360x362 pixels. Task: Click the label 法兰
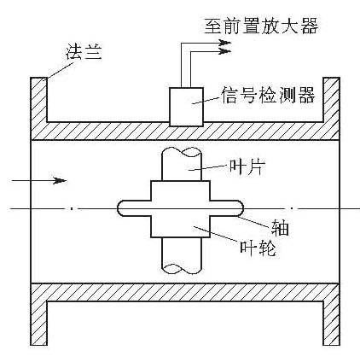tap(84, 52)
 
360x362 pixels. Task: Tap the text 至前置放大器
tap(261, 26)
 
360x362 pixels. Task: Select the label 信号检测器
tap(268, 95)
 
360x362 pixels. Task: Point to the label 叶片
tap(247, 166)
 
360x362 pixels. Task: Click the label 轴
tap(280, 228)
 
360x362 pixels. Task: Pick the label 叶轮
tap(258, 248)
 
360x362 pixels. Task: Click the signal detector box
tap(186, 107)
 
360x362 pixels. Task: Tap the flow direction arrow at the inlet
tap(38, 180)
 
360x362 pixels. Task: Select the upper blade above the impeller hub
tap(182, 165)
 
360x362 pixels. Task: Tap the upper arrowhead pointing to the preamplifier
tap(225, 43)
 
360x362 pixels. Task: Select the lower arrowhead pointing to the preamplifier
tap(225, 51)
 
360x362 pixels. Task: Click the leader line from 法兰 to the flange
tap(61, 70)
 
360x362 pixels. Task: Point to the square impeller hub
tap(180, 209)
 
